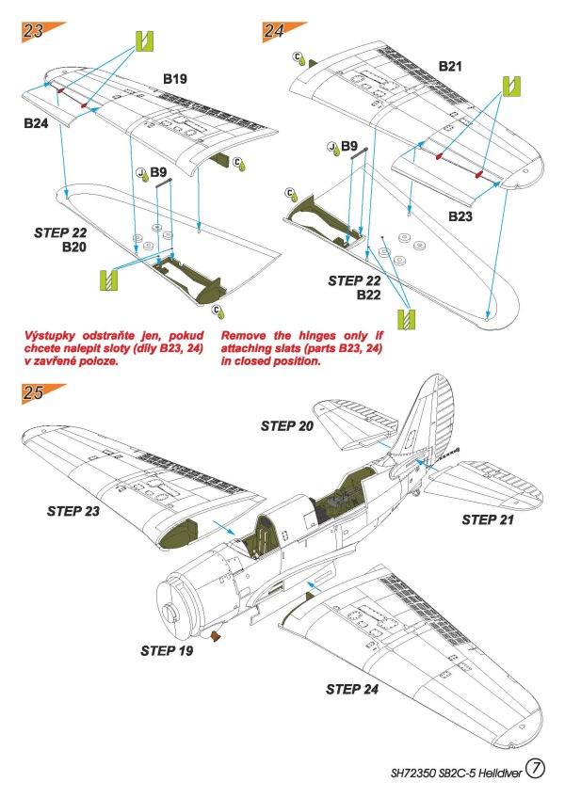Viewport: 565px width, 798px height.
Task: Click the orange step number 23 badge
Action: point(35,29)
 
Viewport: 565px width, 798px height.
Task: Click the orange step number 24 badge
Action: point(275,29)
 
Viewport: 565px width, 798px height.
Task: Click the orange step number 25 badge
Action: point(35,393)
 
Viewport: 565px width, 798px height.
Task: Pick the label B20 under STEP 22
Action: point(75,247)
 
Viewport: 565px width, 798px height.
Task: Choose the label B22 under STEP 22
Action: point(369,295)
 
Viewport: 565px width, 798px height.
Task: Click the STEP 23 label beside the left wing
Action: point(75,511)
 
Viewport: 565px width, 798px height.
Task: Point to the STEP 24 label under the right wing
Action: point(354,689)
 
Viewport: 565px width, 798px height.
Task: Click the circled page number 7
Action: point(534,769)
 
